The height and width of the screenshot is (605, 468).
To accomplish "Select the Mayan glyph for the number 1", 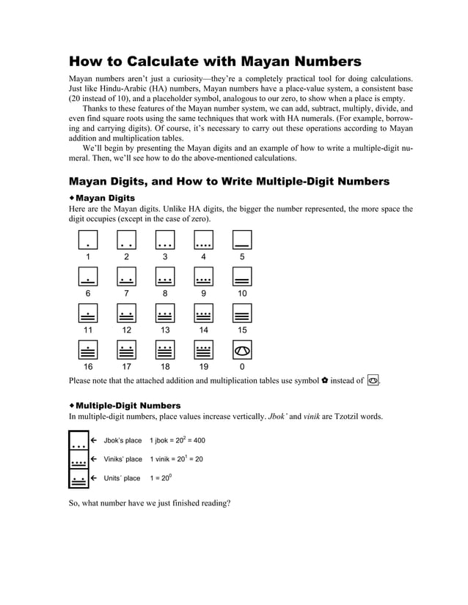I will (87, 240).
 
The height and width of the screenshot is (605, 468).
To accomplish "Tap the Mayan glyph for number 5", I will (242, 240).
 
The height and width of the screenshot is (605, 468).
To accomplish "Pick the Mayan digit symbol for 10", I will (242, 276).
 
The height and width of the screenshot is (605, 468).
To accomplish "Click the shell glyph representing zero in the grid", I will (242, 350).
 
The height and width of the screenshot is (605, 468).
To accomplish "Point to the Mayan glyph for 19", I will (203, 350).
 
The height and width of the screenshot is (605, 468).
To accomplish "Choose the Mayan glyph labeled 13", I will (165, 313).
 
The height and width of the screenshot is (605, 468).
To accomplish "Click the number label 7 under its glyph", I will (126, 293).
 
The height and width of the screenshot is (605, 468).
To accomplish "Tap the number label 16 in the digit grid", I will (87, 367).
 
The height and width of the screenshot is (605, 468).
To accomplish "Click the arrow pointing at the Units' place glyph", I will (94, 478).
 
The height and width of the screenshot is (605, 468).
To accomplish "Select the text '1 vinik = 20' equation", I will (176, 459).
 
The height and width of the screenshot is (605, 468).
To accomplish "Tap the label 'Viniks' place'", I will (123, 459).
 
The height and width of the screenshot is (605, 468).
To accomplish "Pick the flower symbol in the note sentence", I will (325, 380).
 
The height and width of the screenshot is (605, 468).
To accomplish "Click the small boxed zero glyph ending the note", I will (373, 380).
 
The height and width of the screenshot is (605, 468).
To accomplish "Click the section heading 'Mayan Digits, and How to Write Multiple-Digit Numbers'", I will (229, 181).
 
